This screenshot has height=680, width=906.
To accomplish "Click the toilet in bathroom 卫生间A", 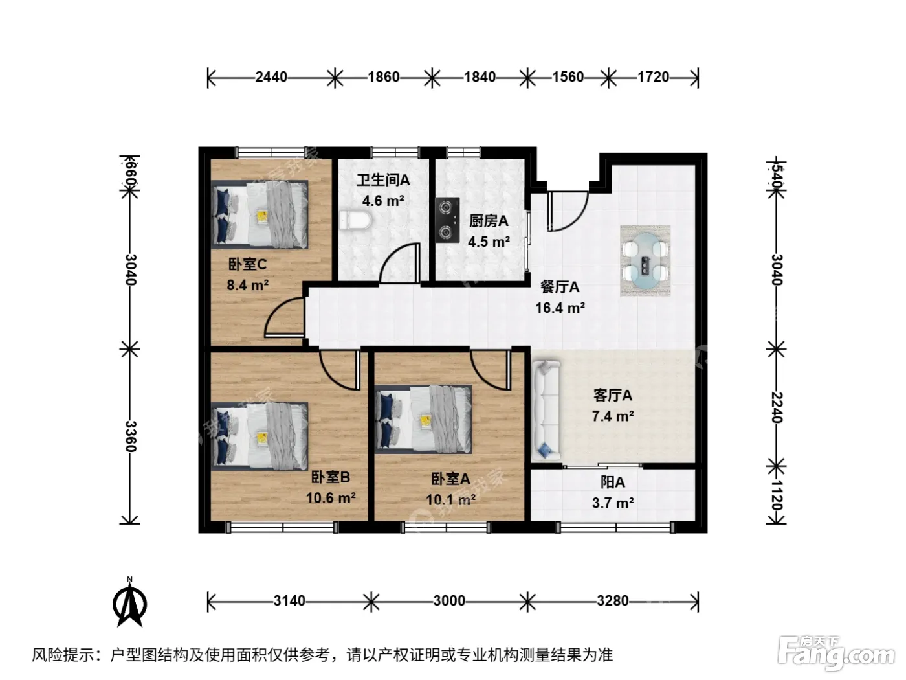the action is click(x=356, y=221).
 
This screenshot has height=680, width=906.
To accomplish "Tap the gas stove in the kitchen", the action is click(x=447, y=220).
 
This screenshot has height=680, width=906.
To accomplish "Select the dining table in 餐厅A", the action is click(x=645, y=260).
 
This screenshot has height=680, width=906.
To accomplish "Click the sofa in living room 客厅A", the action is click(x=546, y=411).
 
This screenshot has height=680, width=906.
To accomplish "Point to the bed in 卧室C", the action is click(x=260, y=214).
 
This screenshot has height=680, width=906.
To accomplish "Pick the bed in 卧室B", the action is click(x=260, y=436).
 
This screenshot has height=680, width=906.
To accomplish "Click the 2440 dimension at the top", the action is click(x=271, y=77).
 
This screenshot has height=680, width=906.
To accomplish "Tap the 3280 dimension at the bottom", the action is click(x=613, y=601).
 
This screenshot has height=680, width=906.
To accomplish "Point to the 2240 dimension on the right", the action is click(x=777, y=407).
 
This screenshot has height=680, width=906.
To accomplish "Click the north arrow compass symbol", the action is click(x=129, y=602).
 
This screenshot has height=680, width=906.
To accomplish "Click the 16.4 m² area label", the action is click(x=560, y=308).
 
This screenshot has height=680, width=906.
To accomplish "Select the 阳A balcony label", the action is click(x=613, y=482).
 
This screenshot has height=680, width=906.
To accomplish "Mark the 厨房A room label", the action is click(x=489, y=221).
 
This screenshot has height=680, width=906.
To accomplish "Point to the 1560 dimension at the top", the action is click(x=568, y=77).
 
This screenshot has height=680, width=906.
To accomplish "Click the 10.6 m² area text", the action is click(x=331, y=498).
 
